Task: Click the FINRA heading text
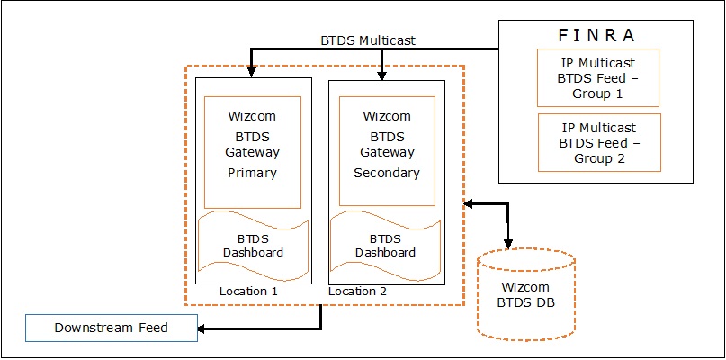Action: click(596, 35)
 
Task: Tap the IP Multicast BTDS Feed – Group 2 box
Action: click(598, 141)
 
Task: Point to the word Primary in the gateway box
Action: click(252, 173)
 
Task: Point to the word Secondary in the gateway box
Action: click(386, 173)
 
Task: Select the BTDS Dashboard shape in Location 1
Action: click(253, 246)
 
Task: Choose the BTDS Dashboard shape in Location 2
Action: click(386, 246)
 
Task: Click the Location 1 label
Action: click(250, 292)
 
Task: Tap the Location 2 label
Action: click(358, 292)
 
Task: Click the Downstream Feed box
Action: click(112, 328)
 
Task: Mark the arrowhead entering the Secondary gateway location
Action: click(383, 73)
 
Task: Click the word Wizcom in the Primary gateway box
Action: click(252, 116)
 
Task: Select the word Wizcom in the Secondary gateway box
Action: click(386, 116)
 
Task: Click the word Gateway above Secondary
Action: click(386, 153)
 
